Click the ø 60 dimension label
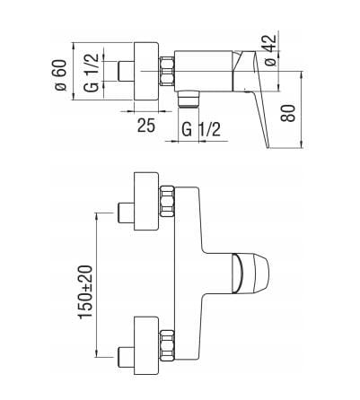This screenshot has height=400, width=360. [60, 74]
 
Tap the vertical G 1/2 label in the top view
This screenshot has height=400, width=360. [92, 73]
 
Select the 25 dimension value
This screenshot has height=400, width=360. [146, 126]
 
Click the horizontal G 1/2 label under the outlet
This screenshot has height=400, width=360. [201, 130]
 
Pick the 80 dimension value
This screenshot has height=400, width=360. [287, 113]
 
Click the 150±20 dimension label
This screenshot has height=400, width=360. [86, 292]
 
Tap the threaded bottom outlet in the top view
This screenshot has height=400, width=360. [189, 99]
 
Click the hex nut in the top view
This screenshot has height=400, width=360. [167, 73]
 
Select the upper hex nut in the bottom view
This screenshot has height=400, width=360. [167, 201]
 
